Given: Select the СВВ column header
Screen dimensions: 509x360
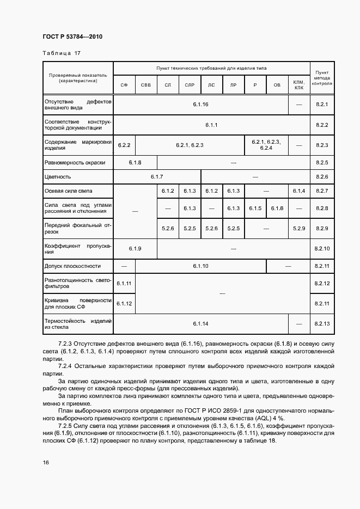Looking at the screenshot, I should coord(146,85).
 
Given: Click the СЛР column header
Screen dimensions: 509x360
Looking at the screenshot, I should coord(190,85).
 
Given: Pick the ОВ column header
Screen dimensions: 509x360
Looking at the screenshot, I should coord(277,85).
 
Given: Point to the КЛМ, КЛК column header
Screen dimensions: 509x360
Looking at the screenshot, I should coord(298,84).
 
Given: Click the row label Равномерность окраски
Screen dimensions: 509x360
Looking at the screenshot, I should coord(75,162).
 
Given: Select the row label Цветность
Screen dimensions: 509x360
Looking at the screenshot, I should coord(58,177).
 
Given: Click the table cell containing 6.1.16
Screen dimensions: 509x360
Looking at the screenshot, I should coord(200,104).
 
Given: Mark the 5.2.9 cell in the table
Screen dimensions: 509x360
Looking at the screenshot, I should coord(298,228).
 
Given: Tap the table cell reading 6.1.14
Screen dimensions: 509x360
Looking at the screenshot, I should coord(200,324).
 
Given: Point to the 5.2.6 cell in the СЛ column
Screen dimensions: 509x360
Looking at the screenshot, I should coord(168,228).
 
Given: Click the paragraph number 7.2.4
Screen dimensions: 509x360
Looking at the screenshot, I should coord(66,366).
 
